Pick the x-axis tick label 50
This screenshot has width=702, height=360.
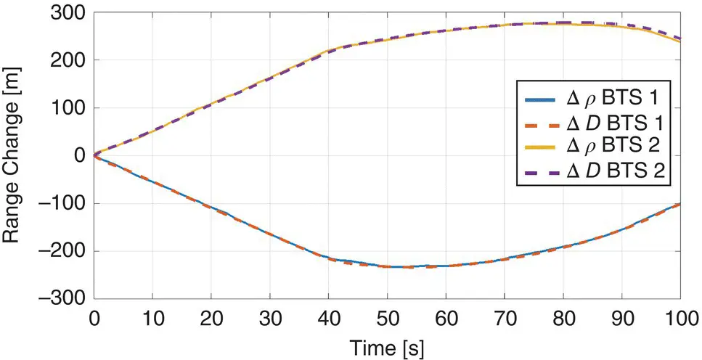tap(387, 320)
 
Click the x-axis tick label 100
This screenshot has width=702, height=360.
tap(679, 320)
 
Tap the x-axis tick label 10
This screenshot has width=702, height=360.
tap(152, 320)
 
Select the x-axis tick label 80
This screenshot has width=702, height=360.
tap(563, 320)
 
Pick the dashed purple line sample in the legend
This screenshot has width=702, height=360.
tap(534, 171)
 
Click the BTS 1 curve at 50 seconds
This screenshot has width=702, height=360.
tap(387, 266)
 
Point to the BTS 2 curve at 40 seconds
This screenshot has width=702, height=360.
tap(328, 52)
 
